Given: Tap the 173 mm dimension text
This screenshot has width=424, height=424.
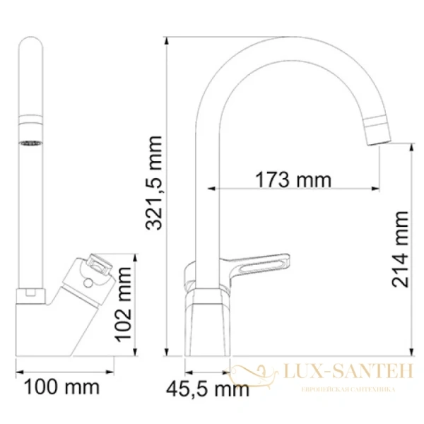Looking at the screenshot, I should pos(293,179).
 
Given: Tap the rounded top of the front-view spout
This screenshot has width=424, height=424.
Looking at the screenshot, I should pos(30,46).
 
